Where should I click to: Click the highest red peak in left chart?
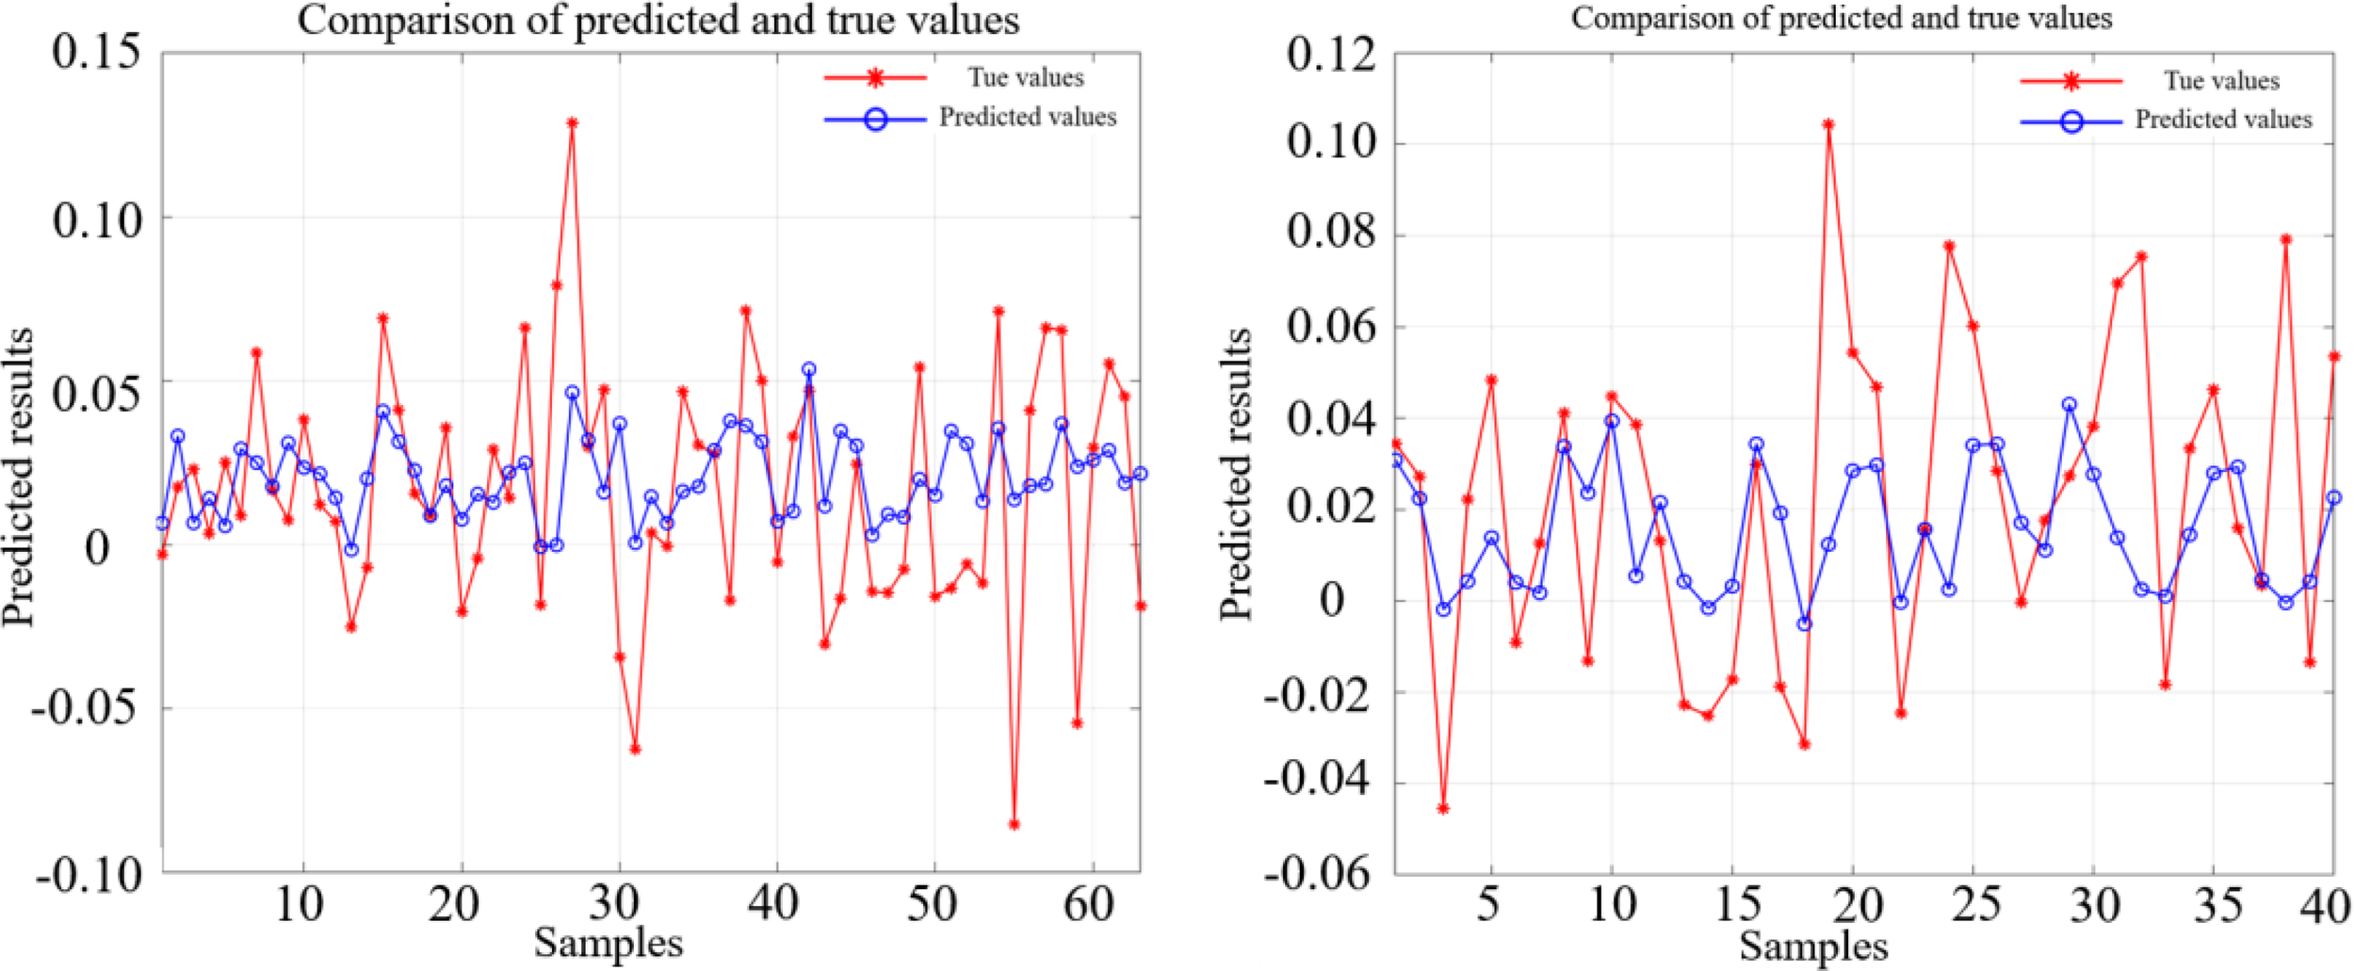click(x=572, y=122)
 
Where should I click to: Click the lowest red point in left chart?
click(x=1014, y=824)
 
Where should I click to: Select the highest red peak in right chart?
click(x=1828, y=124)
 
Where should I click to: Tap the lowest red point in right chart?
click(x=1443, y=808)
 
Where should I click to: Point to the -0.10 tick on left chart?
click(x=89, y=876)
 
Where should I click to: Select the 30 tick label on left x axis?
click(x=614, y=904)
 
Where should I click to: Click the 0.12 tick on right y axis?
click(x=1331, y=54)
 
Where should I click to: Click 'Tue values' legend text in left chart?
click(x=1026, y=77)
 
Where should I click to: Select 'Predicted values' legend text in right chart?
click(x=2223, y=120)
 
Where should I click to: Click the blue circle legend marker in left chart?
click(x=875, y=120)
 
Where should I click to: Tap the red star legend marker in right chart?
click(x=2071, y=82)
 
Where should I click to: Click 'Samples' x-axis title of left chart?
click(x=608, y=943)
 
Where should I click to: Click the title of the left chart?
click(x=658, y=20)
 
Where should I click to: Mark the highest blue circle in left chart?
click(x=808, y=370)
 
